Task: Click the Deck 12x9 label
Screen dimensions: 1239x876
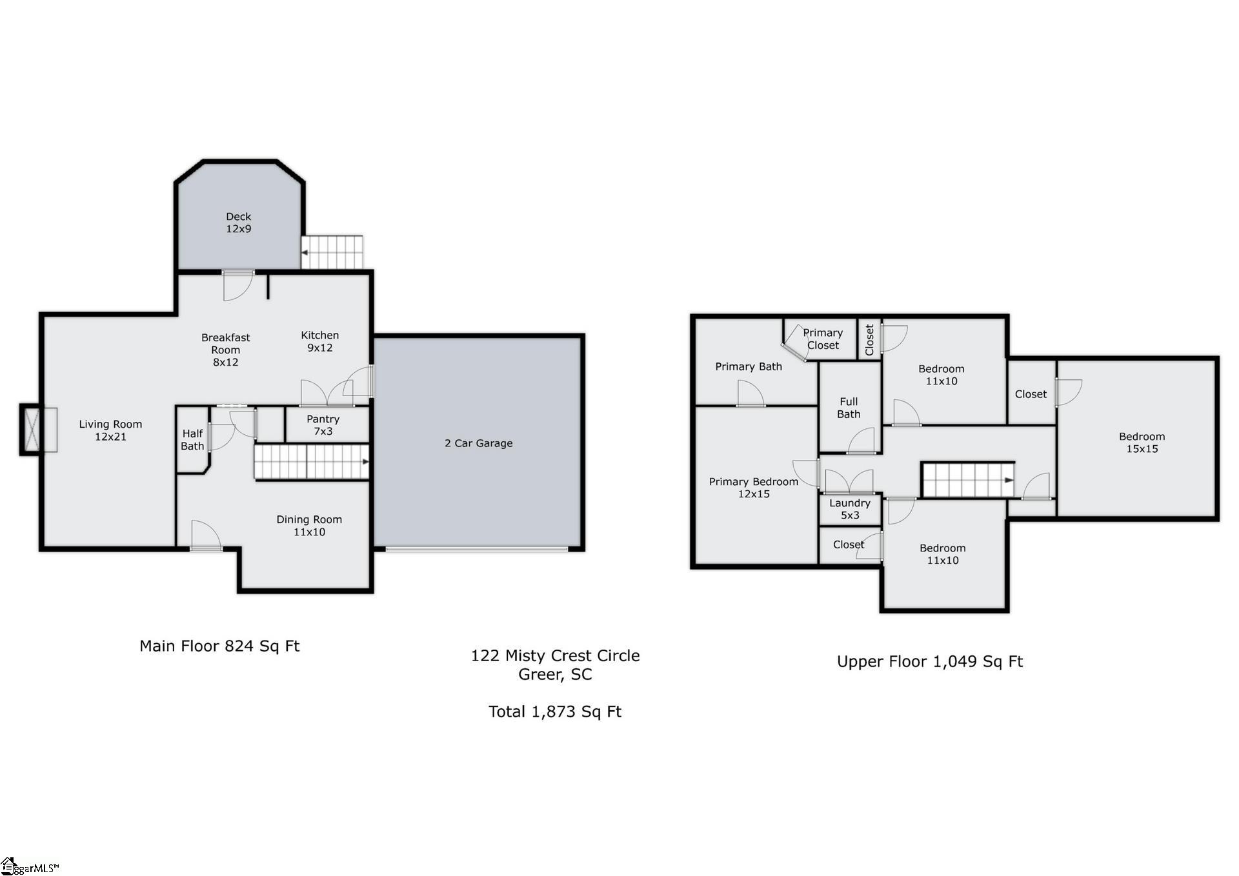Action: [238, 223]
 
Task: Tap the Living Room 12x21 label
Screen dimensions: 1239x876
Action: [110, 430]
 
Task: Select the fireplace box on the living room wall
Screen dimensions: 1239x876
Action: [31, 430]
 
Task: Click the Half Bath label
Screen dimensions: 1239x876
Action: [192, 439]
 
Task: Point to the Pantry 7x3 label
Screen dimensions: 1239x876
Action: [323, 425]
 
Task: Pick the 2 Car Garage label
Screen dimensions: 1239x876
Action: [478, 443]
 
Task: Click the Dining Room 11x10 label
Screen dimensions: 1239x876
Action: [309, 526]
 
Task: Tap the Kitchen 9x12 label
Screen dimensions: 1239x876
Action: [319, 341]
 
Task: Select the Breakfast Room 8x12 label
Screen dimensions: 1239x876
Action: [225, 350]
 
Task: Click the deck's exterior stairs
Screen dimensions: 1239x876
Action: [332, 252]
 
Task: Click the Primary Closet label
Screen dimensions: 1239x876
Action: [823, 339]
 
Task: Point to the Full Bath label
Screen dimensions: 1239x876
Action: [849, 408]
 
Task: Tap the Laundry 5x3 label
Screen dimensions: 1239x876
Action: [850, 509]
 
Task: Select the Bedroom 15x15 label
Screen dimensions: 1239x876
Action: [1142, 443]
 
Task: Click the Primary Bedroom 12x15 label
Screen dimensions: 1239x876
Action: [754, 488]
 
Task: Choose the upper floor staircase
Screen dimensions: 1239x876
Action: [967, 480]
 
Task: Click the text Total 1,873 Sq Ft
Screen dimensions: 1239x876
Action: [555, 712]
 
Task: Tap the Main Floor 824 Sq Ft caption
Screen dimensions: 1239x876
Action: [219, 646]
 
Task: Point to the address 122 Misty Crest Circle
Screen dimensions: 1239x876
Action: [555, 655]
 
